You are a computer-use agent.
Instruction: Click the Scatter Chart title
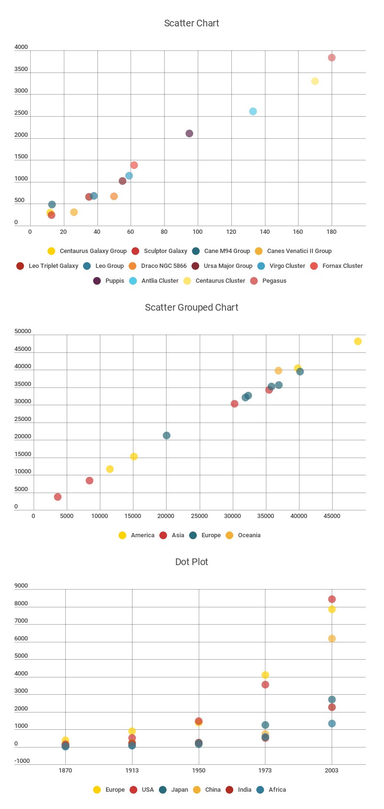pyautogui.click(x=192, y=23)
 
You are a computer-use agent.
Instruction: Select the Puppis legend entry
pyautogui.click(x=109, y=281)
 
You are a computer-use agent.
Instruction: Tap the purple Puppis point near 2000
pyautogui.click(x=190, y=133)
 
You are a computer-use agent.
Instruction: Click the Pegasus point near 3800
pyautogui.click(x=332, y=58)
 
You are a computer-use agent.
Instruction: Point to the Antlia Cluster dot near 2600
pyautogui.click(x=253, y=111)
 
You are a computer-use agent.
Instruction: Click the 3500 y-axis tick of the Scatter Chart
pyautogui.click(x=21, y=69)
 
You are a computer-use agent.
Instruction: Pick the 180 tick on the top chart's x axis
pyautogui.click(x=331, y=232)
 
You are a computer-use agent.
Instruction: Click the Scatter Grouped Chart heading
pyautogui.click(x=192, y=307)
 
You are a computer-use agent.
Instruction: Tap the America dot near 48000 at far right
pyautogui.click(x=358, y=341)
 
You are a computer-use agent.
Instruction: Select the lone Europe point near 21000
pyautogui.click(x=167, y=435)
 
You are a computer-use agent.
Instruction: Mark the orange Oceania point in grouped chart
pyautogui.click(x=278, y=371)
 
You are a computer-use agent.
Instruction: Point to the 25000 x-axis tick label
pyautogui.click(x=199, y=516)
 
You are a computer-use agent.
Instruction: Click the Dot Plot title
pyautogui.click(x=192, y=562)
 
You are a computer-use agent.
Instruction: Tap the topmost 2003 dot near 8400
pyautogui.click(x=332, y=599)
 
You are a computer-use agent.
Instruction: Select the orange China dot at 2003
pyautogui.click(x=332, y=639)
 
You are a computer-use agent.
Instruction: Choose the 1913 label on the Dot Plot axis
pyautogui.click(x=132, y=771)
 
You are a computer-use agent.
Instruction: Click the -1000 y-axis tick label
pyautogui.click(x=22, y=761)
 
